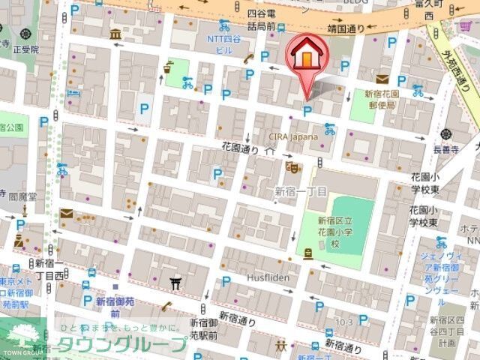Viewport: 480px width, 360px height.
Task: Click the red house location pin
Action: point(306,55)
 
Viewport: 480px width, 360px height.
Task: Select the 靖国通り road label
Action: point(346,29)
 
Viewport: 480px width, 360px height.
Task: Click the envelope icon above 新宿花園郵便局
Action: point(382,79)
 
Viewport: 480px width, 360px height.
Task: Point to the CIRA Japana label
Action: point(293,136)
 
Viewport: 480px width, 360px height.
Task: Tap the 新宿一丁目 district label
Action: point(301,191)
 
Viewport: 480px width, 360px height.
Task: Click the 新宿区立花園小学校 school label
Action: point(333,233)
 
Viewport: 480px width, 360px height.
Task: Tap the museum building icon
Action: point(115,35)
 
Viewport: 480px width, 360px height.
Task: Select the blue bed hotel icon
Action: point(73,94)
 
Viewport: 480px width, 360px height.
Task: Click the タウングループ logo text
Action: point(121,346)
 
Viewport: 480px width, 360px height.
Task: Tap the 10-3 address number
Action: point(343,322)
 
